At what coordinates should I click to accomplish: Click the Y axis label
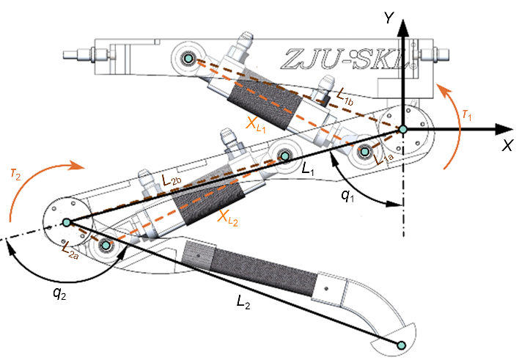tap(389, 18)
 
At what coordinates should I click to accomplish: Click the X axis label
tap(507, 145)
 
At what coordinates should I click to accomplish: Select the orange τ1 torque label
tap(467, 115)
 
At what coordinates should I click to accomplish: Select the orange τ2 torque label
tap(15, 174)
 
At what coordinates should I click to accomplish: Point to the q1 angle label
tap(347, 196)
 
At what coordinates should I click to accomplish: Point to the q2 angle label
tap(59, 293)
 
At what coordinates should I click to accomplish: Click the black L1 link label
tap(308, 169)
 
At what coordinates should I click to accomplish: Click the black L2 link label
tap(243, 302)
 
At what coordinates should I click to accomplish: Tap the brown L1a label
tap(383, 159)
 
